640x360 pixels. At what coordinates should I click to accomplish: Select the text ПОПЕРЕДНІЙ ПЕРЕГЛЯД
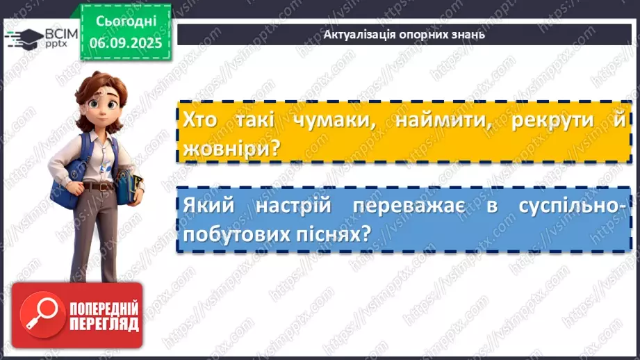click(x=104, y=316)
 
